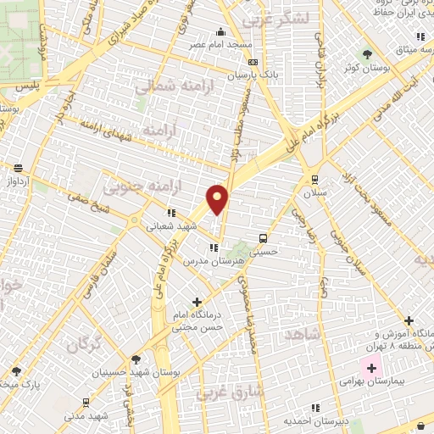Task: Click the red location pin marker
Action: [218, 200]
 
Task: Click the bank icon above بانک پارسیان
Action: [252, 61]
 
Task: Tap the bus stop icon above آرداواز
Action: [19, 168]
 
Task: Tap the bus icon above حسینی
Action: [264, 238]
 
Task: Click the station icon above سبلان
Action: [315, 179]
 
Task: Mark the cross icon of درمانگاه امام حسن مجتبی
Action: [198, 301]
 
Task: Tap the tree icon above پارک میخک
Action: [16, 370]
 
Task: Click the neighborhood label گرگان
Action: [85, 346]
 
